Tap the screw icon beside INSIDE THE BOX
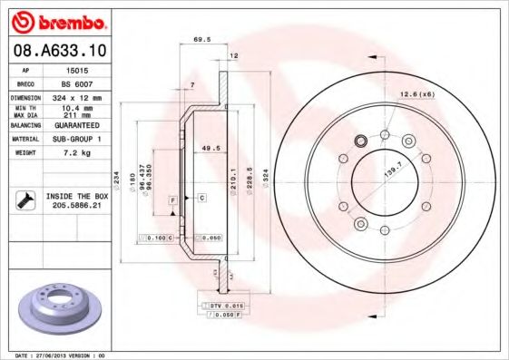click(x=26, y=200)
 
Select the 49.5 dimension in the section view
click(x=211, y=146)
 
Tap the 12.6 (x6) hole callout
click(x=414, y=93)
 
